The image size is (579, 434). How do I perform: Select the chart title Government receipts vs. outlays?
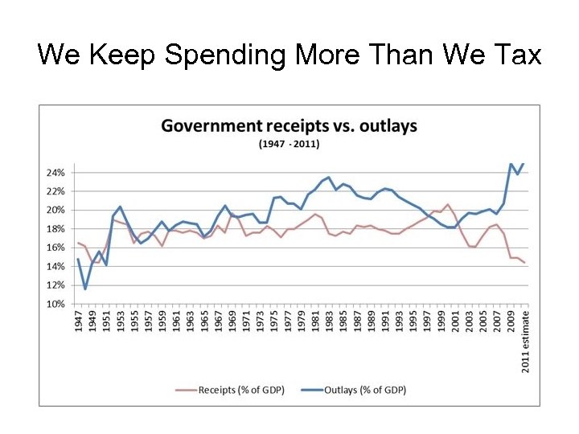289,126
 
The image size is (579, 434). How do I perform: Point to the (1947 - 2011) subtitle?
289,144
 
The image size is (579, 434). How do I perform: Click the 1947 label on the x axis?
79,321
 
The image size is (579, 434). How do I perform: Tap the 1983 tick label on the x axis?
328,321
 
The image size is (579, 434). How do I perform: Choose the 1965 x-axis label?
203,321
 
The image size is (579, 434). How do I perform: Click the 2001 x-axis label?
454,321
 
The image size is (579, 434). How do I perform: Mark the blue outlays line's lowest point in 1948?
85,289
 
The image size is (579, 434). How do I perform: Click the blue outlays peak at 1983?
329,177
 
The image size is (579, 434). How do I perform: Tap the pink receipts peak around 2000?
447,204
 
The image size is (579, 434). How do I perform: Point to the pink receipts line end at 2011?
524,263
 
